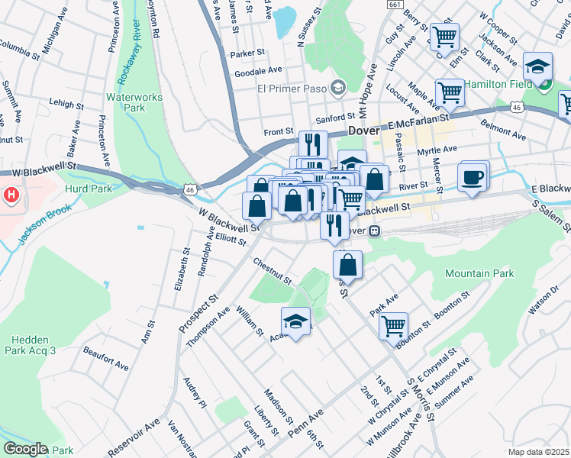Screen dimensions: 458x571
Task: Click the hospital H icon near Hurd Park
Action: pos(11,195)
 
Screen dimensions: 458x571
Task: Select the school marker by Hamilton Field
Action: pos(539,67)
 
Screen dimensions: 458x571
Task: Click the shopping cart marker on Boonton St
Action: pos(393,325)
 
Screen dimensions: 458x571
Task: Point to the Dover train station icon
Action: pos(374,231)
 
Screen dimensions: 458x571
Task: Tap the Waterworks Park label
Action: pos(125,102)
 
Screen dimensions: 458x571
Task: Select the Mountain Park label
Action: pos(479,273)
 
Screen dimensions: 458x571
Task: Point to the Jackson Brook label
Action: pos(45,224)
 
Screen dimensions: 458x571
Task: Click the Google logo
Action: pos(24,449)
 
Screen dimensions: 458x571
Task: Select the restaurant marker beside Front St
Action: pos(313,144)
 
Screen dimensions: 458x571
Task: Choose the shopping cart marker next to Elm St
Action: pos(444,36)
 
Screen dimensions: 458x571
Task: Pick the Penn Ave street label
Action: pos(306,422)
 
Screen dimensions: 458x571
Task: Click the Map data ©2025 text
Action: pos(538,452)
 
